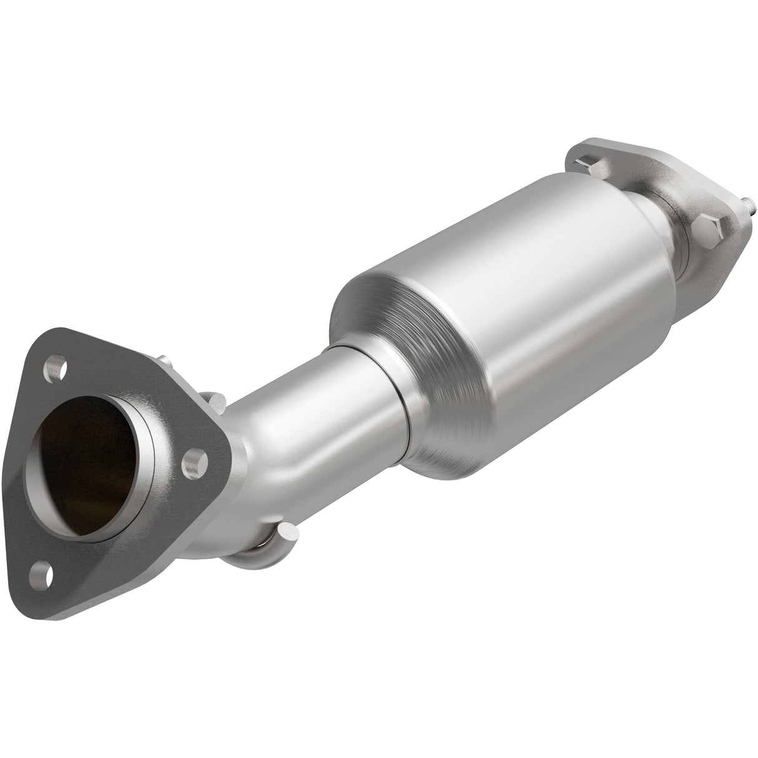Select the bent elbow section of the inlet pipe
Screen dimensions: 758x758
(268, 437)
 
